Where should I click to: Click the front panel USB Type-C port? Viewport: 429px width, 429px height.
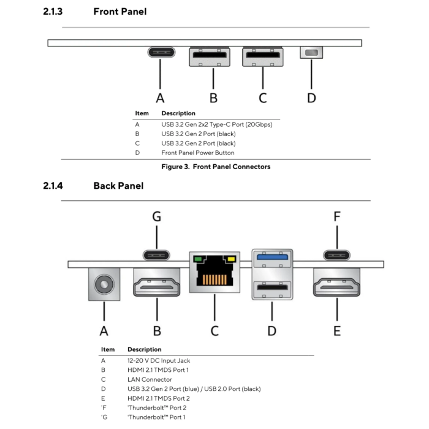(x=160, y=52)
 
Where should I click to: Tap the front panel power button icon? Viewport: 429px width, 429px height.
(x=311, y=53)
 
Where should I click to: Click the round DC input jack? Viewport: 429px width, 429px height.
(x=104, y=284)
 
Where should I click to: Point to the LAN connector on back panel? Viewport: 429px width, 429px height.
(x=214, y=272)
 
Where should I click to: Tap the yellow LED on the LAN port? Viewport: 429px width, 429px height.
(x=231, y=259)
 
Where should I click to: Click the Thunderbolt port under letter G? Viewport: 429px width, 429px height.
(x=157, y=254)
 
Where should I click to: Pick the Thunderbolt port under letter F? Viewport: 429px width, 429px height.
(x=336, y=254)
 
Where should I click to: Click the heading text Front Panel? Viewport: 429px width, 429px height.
(x=120, y=12)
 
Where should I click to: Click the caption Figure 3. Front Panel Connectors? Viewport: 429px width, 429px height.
(x=215, y=167)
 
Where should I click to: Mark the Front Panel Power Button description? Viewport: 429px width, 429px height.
(x=197, y=153)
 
